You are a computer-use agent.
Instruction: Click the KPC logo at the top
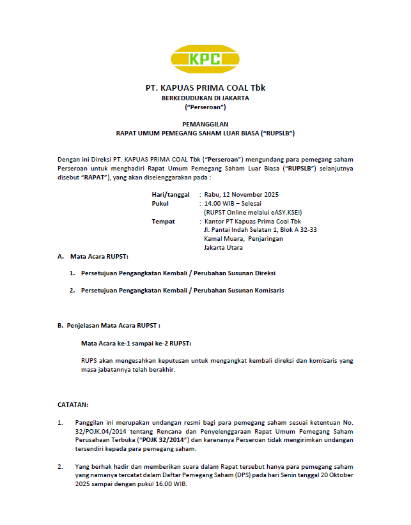pyautogui.click(x=205, y=59)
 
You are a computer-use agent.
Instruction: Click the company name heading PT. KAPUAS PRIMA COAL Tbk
pyautogui.click(x=205, y=88)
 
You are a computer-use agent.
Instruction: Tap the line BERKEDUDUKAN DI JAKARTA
pyautogui.click(x=205, y=98)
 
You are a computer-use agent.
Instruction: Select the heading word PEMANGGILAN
pyautogui.click(x=205, y=124)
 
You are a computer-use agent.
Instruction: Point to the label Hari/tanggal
pyautogui.click(x=171, y=194)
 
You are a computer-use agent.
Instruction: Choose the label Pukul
pyautogui.click(x=160, y=203)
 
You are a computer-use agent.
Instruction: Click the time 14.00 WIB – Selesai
pyautogui.click(x=229, y=203)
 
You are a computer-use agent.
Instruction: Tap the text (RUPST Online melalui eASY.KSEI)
pyautogui.click(x=252, y=212)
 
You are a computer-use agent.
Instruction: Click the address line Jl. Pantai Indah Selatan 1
pyautogui.click(x=260, y=230)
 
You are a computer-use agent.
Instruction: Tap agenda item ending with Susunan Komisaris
pyautogui.click(x=182, y=290)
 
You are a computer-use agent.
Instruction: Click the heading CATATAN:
pyautogui.click(x=73, y=405)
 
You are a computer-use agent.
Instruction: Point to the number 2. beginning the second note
pyautogui.click(x=60, y=466)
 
